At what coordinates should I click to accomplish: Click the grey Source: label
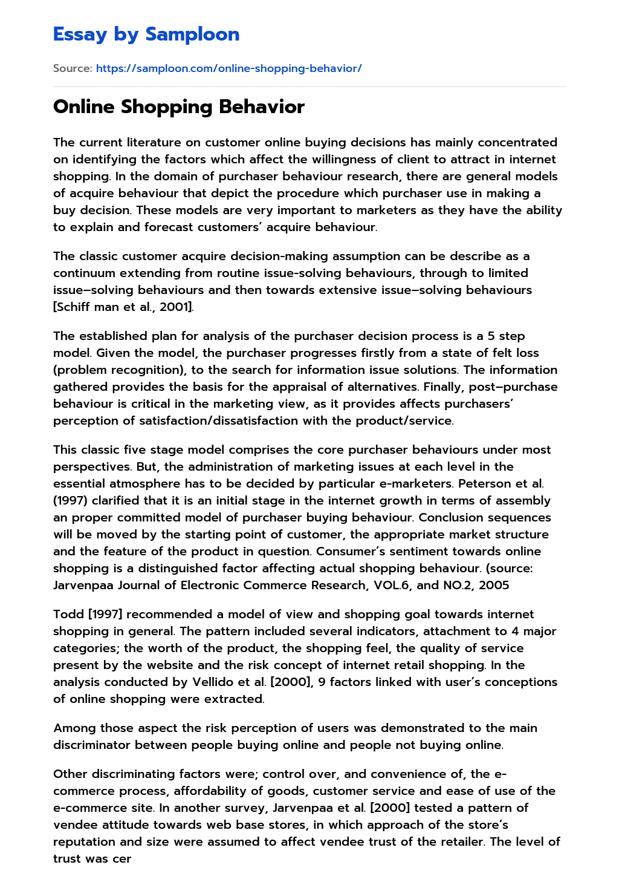tap(73, 68)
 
